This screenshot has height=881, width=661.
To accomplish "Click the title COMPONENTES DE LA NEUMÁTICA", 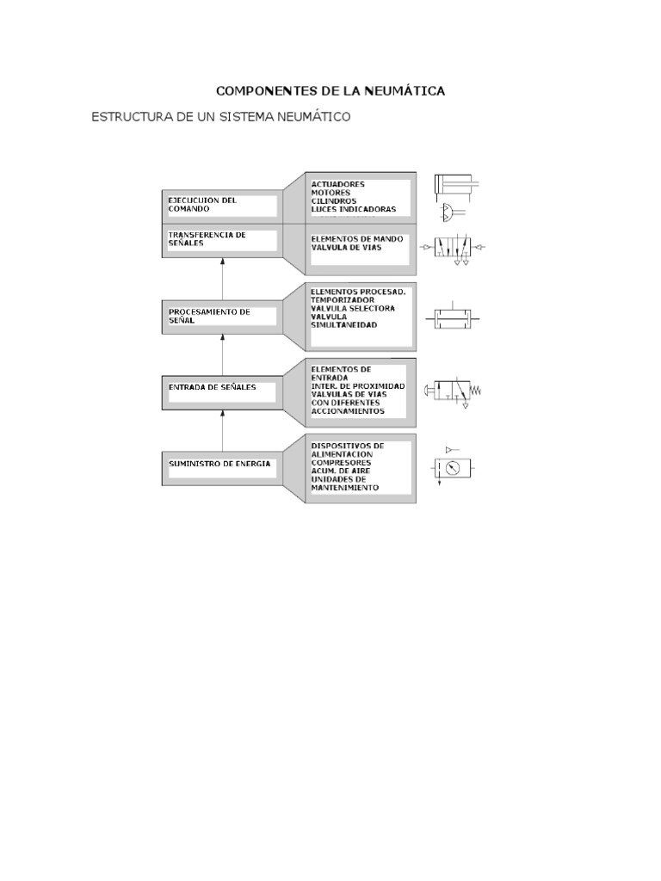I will click(330, 90).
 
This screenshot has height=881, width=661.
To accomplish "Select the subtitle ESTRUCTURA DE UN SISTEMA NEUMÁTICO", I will click(221, 117).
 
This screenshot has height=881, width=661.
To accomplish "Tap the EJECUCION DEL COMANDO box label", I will click(202, 205).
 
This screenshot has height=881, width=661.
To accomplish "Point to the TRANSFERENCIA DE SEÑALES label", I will click(207, 238).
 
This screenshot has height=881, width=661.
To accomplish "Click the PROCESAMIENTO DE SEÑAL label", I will click(209, 316).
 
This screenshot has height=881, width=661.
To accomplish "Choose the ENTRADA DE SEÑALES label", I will click(213, 387).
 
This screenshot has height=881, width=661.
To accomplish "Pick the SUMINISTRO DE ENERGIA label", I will click(219, 463).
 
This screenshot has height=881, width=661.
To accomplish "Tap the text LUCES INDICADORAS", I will click(354, 209).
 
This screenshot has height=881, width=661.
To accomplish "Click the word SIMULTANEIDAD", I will click(344, 324).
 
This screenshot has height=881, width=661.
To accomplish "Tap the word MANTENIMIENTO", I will click(344, 487).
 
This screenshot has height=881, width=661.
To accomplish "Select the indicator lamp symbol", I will click(450, 211).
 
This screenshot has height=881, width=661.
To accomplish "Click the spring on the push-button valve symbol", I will click(475, 391).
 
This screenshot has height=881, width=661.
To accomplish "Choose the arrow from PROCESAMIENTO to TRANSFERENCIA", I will click(223, 275).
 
